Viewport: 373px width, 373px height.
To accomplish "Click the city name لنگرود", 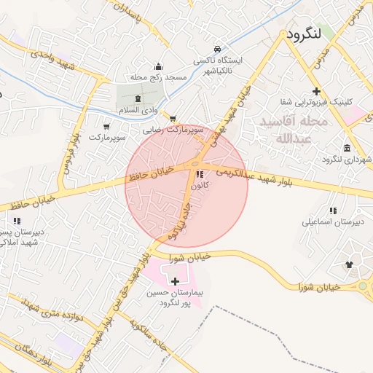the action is pyautogui.click(x=310, y=34).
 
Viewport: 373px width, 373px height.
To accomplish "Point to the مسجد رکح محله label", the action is pyautogui.click(x=166, y=77).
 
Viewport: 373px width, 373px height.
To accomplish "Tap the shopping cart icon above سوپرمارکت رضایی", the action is pyautogui.click(x=173, y=118).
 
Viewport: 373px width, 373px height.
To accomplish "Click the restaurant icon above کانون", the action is pyautogui.click(x=200, y=174).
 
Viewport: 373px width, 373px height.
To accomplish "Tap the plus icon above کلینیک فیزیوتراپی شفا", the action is pyautogui.click(x=316, y=91).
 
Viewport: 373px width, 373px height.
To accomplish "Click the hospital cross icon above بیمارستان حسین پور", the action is pyautogui.click(x=175, y=280).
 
